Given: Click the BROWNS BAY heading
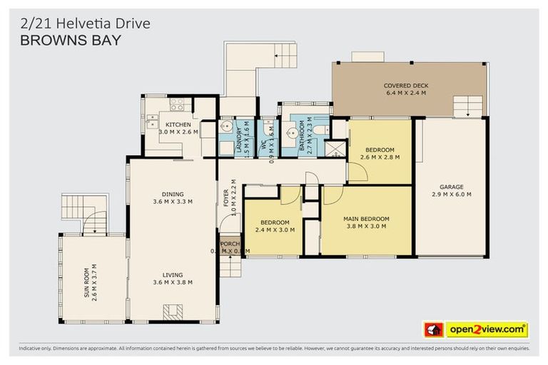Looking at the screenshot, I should [x=70, y=40].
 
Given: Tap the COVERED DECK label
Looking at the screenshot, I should [x=405, y=85].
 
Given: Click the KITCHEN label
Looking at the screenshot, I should [x=178, y=124].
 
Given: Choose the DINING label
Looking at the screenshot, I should [x=172, y=193].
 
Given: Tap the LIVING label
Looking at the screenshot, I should [x=172, y=274].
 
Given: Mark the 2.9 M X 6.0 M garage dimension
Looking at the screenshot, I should [x=451, y=194].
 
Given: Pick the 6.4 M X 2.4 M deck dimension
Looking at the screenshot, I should [x=405, y=93].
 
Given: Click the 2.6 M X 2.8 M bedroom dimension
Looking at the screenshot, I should [x=380, y=157].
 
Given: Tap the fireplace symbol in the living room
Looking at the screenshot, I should [x=172, y=311].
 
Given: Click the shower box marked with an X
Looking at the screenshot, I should [x=334, y=148].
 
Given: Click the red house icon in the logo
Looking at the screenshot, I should [x=433, y=330].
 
